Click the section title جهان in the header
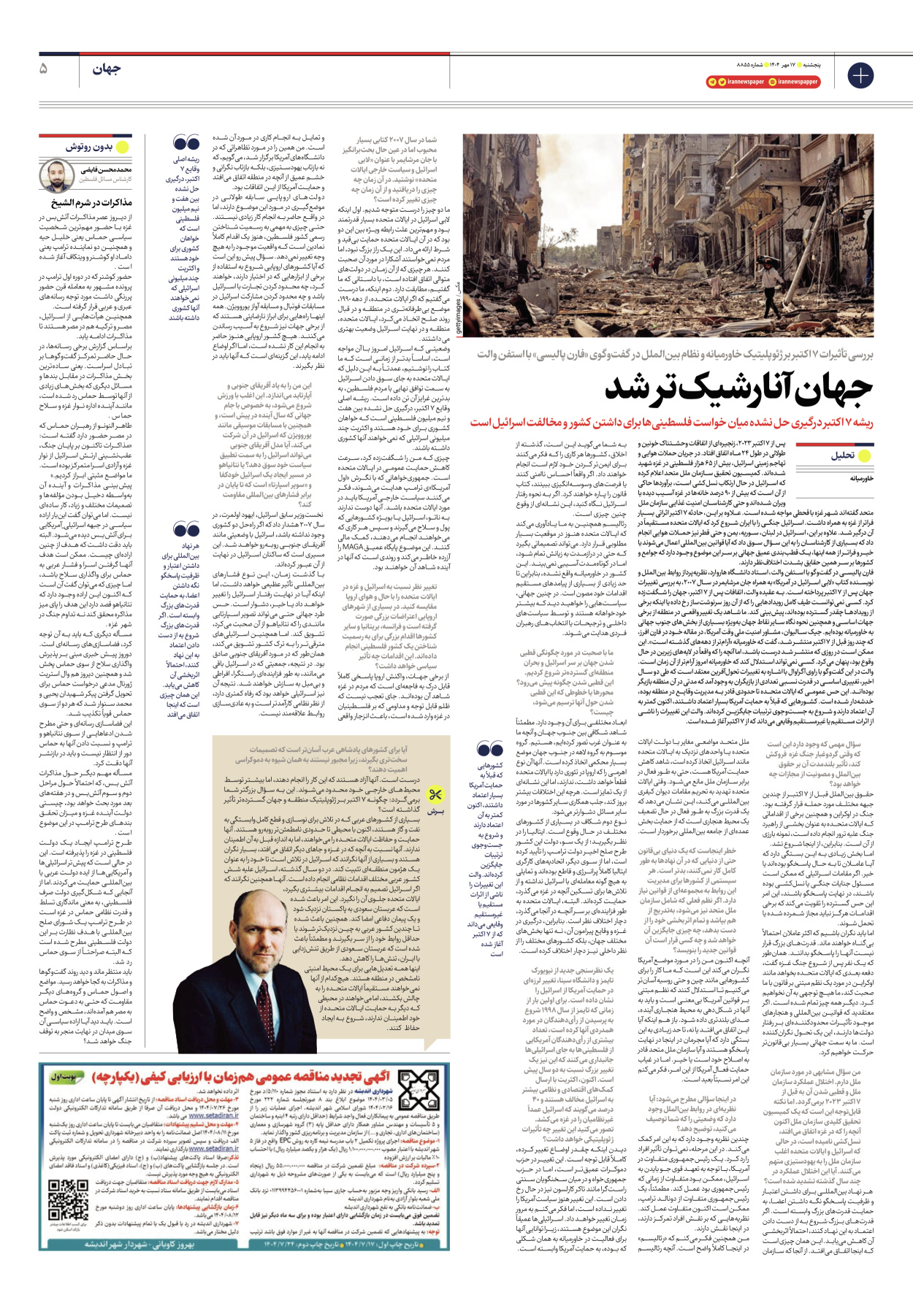click(107, 69)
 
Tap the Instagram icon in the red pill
click(773, 82)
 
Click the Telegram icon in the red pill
click(712, 82)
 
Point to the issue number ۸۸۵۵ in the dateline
click(738, 64)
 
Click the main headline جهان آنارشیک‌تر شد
click(738, 389)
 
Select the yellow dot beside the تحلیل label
click(864, 456)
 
